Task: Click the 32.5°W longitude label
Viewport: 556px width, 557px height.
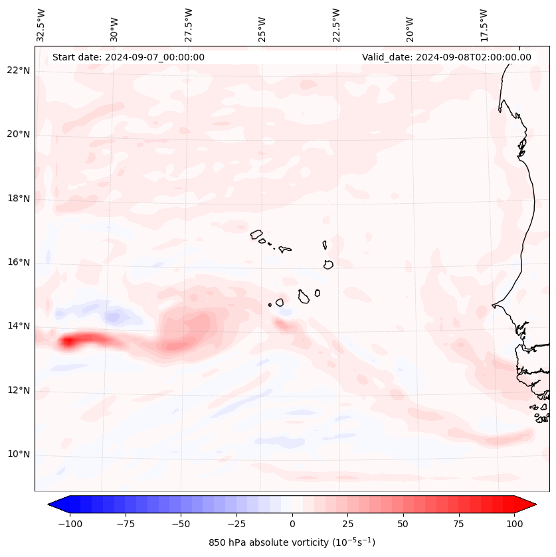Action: pos(41,25)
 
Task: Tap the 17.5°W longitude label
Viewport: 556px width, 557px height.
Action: pos(484,25)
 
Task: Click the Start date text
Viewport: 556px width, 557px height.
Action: pos(128,57)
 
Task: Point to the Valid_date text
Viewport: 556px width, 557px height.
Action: pos(446,57)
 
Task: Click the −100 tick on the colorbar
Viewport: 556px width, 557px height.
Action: pos(70,524)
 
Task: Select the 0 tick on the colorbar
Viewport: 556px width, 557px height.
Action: pos(292,524)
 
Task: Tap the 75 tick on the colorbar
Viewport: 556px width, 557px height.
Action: pos(459,524)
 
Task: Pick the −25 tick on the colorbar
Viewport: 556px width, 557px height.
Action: pos(236,524)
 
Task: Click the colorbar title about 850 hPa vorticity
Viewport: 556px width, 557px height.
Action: pos(292,542)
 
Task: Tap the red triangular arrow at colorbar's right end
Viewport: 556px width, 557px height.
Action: pos(526,505)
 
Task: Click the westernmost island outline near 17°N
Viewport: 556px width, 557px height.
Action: pos(256,234)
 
